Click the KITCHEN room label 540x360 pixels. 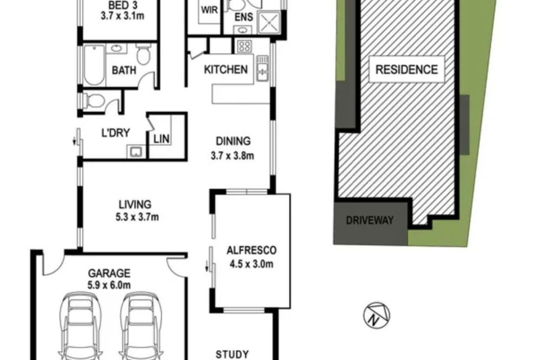tap(226, 70)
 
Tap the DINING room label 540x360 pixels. tap(233, 141)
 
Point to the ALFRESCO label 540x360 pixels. tap(251, 250)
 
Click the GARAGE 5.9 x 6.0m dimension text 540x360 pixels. tap(109, 285)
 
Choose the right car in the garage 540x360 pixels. tap(141, 326)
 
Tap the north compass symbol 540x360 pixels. tap(377, 315)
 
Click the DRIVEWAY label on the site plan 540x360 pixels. tap(370, 220)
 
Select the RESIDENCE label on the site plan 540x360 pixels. tap(406, 70)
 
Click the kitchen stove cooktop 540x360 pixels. tap(245, 46)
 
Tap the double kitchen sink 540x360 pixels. tap(262, 68)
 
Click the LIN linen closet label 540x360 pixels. tap(161, 139)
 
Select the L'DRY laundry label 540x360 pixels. tap(116, 133)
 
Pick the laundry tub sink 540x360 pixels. tap(137, 151)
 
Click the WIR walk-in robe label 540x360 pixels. tap(209, 10)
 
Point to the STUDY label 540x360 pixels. tap(232, 354)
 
